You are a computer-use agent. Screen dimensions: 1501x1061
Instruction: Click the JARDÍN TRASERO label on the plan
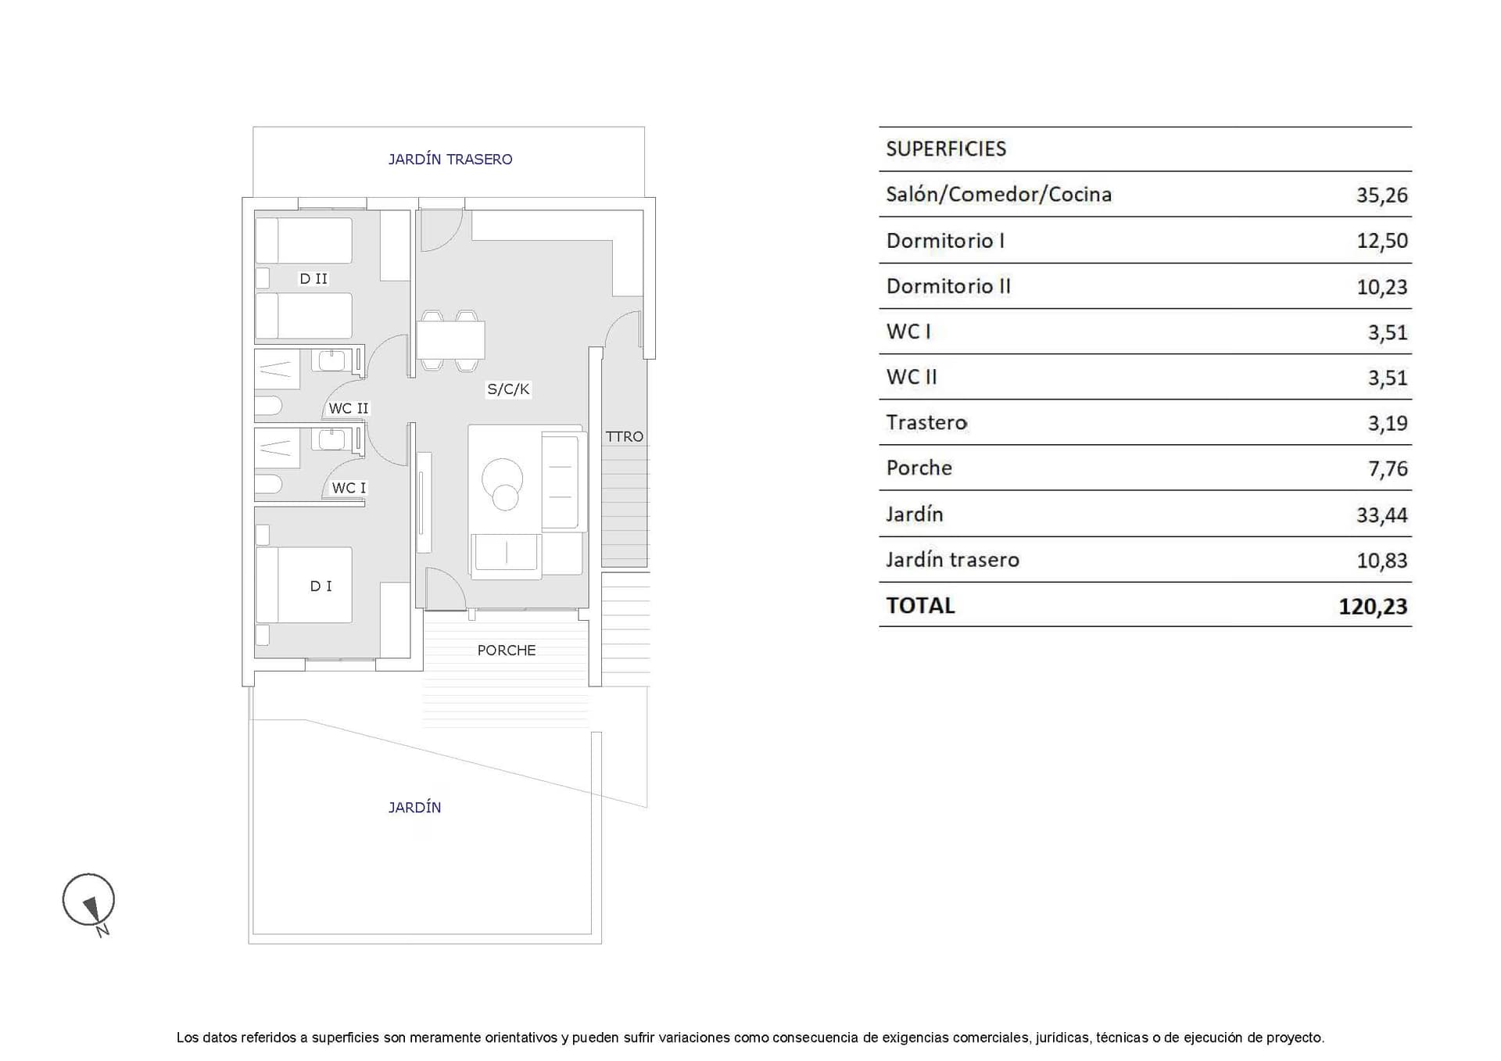450,160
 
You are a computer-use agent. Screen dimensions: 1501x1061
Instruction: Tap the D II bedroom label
313,278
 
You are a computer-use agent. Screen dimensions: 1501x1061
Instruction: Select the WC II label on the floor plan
348,408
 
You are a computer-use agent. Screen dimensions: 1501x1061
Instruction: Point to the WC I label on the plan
349,488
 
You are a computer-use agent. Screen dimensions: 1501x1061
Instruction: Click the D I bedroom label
321,586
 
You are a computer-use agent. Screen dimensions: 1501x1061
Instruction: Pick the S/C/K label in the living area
508,389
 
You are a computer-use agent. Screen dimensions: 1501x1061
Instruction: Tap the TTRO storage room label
625,436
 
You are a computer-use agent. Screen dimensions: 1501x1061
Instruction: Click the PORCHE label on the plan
507,650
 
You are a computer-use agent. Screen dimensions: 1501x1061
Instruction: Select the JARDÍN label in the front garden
414,807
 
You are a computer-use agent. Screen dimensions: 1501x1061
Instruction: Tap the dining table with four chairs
450,340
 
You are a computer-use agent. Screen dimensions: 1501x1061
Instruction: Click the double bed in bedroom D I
304,585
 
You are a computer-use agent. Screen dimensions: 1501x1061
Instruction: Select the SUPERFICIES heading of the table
946,149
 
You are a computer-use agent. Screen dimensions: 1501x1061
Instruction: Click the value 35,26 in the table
1381,195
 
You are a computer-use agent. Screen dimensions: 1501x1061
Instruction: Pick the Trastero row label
926,422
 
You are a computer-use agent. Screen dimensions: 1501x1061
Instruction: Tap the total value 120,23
1373,606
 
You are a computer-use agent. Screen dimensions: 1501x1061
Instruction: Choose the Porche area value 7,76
1388,468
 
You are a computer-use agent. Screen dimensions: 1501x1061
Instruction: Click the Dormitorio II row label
948,286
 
